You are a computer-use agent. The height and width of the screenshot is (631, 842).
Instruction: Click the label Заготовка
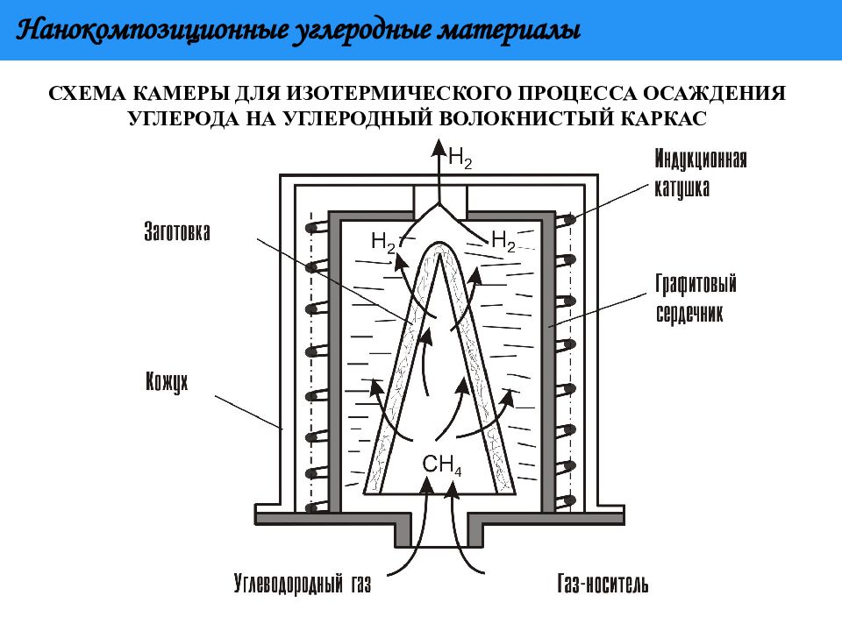176,231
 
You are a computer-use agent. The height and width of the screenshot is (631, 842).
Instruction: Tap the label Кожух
167,382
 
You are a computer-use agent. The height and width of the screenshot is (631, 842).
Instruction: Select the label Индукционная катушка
700,173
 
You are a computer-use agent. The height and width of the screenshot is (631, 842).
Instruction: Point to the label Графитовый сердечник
696,298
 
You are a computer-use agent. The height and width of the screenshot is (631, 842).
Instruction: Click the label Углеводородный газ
303,584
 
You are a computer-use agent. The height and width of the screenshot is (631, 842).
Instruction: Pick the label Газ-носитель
603,584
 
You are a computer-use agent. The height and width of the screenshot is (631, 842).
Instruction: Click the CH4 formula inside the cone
442,464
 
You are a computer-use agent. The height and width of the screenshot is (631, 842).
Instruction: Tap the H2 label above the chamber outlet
460,158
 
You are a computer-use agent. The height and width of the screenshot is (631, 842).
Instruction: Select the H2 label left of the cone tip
383,242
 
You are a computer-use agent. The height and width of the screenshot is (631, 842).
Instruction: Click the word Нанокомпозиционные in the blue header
152,30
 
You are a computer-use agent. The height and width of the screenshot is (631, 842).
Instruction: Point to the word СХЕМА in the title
87,94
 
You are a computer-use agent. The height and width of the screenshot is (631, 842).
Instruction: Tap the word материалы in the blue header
510,32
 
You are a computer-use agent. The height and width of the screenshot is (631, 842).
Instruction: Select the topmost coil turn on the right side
567,219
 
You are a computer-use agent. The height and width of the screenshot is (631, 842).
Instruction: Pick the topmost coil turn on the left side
317,228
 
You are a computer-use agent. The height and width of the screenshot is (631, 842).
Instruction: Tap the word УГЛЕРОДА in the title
184,118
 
